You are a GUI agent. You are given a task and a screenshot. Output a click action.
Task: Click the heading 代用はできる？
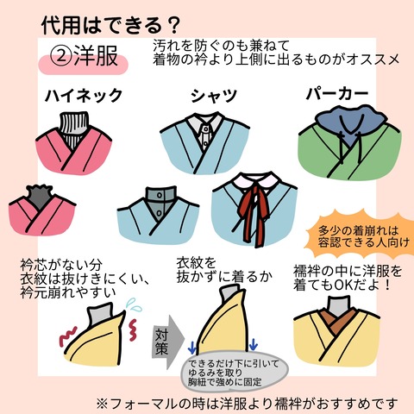point(110,25)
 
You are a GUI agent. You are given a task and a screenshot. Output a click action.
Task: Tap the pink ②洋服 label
point(83,58)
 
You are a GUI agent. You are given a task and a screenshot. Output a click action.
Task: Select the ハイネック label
point(84,95)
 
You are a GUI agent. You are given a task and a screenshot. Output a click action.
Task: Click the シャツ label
point(214,96)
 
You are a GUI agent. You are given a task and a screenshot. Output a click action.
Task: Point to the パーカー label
point(337,94)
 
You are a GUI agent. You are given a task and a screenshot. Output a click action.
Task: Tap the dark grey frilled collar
point(41,197)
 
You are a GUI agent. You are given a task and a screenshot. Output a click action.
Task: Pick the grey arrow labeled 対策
point(166,342)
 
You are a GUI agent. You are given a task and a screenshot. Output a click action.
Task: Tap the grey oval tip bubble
point(235,372)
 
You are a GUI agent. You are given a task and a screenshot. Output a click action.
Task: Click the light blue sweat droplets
point(135,305)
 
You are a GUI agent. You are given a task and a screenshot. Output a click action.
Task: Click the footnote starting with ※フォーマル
point(247,404)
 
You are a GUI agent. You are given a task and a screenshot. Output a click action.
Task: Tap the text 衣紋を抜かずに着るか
point(224,270)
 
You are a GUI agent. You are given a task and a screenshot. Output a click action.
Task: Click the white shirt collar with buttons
point(204,130)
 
